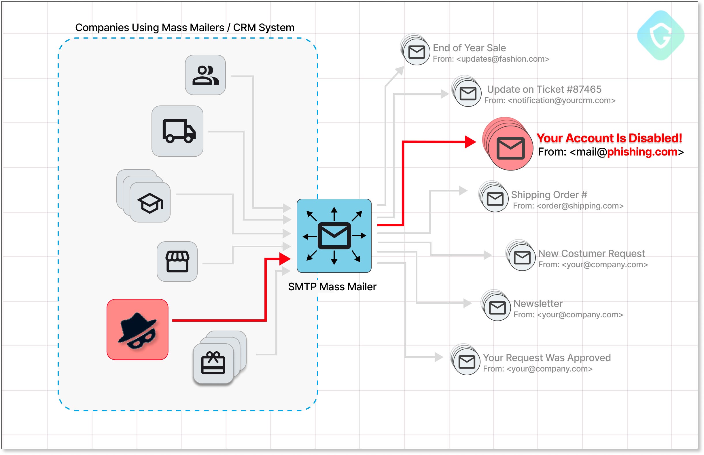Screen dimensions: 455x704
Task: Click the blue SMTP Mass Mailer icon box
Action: [x=334, y=236]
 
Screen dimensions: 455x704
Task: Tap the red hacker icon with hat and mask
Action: [x=137, y=329]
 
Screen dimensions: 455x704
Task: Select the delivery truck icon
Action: [x=177, y=131]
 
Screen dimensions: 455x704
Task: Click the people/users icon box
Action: [x=205, y=75]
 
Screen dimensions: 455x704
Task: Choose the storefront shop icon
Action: [x=177, y=261]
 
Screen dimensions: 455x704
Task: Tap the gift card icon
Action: [x=213, y=363]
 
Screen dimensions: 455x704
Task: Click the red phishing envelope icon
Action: [x=510, y=148]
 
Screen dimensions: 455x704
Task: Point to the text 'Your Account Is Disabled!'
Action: [x=609, y=138]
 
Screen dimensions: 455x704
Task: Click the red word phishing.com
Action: [x=642, y=151]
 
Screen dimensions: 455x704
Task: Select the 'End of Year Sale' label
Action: [x=469, y=48]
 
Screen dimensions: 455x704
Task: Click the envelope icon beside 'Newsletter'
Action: [x=497, y=308]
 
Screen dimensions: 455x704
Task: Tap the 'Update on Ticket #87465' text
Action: [x=544, y=89]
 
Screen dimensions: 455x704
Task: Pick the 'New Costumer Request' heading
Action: [x=591, y=253]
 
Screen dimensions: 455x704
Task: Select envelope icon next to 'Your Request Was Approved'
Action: [x=466, y=362]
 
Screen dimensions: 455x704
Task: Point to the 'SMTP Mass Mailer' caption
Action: [x=332, y=287]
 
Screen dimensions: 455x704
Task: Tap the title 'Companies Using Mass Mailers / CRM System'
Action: [x=185, y=27]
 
